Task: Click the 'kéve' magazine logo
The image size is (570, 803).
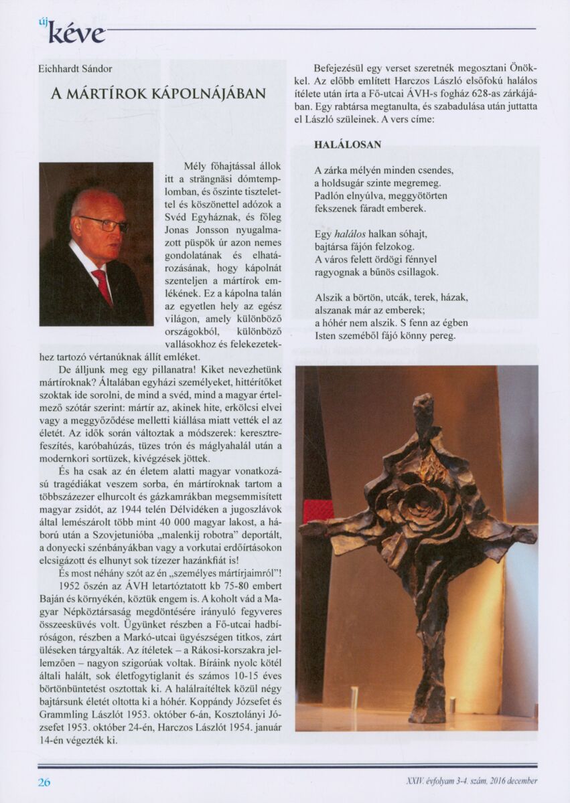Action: (76, 33)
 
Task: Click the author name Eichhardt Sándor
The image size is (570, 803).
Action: (75, 68)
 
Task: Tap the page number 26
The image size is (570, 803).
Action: (44, 782)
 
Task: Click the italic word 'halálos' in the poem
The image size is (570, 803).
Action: (350, 234)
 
